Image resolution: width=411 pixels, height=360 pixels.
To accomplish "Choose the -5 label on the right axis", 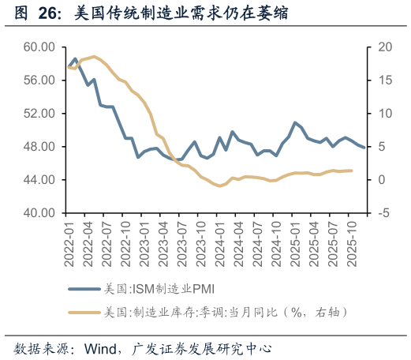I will click(x=381, y=213).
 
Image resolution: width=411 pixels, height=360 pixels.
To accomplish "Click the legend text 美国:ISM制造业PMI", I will click(x=153, y=288).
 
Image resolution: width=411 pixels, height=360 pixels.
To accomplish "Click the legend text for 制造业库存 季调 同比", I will click(x=226, y=313).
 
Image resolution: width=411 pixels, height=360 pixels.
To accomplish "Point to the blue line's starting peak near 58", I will click(x=75, y=58).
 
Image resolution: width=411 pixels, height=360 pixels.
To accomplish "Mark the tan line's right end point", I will click(x=352, y=171).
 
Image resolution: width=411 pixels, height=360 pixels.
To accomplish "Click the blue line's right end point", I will click(x=364, y=148).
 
